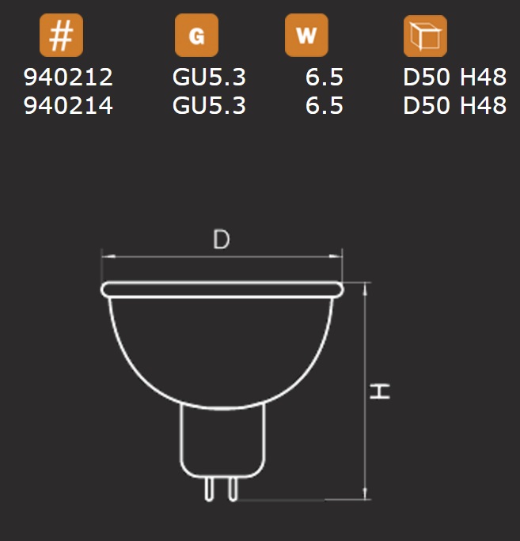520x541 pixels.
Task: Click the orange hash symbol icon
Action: tap(61, 35)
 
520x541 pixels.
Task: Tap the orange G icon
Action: tap(196, 35)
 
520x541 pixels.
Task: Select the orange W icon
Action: tap(306, 35)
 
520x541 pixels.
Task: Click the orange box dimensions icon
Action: tap(425, 36)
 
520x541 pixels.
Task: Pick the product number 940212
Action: tap(68, 77)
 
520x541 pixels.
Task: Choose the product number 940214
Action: tap(68, 105)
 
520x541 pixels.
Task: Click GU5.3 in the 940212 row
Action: tap(209, 77)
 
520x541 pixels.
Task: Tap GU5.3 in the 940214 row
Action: tap(209, 105)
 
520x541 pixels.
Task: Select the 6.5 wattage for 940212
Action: tap(325, 77)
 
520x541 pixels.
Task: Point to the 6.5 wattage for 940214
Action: tap(325, 105)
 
